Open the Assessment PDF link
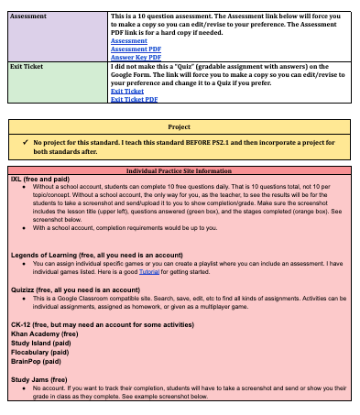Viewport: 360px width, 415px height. (135, 49)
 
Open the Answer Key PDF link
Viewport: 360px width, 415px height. (136, 57)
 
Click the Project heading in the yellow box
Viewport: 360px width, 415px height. (179, 126)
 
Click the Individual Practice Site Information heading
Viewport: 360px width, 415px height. (179, 171)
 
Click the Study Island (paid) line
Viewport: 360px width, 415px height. (42, 344)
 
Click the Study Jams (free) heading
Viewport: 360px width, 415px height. (38, 378)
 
